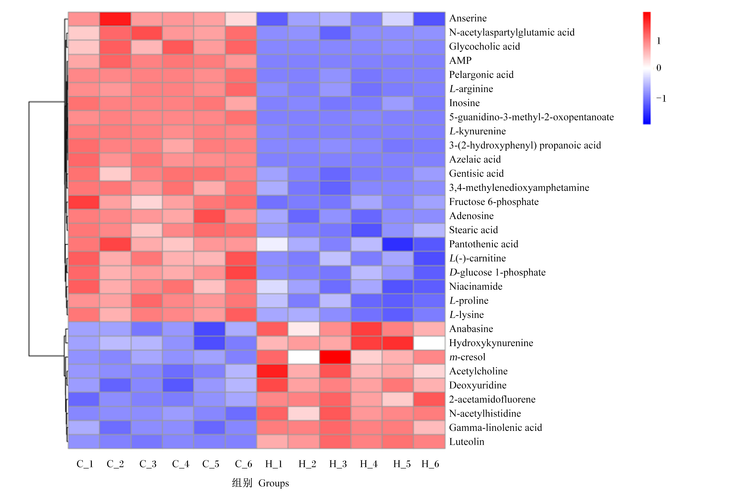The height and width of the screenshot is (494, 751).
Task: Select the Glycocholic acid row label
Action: pos(484,47)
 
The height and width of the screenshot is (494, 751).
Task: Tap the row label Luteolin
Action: pos(467,442)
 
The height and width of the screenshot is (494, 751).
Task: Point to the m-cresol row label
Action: pos(467,357)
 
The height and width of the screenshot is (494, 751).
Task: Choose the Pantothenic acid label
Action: pos(484,244)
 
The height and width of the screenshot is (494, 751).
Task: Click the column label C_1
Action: pos(85,464)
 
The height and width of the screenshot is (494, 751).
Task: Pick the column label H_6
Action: pos(430,464)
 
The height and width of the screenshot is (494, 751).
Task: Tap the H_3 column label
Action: pos(338,464)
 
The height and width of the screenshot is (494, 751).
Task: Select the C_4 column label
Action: pos(181,464)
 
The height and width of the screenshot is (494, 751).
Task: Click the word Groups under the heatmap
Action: pos(274,483)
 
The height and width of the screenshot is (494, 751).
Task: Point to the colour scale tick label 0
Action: pos(659,68)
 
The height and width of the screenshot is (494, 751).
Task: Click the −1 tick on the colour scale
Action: pos(661,99)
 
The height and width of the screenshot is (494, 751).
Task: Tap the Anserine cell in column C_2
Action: pos(115,19)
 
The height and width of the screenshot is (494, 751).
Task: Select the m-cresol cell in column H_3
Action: pos(335,357)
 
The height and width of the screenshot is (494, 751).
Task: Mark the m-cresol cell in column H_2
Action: pos(304,357)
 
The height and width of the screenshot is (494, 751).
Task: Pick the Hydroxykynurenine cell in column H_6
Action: pos(429,343)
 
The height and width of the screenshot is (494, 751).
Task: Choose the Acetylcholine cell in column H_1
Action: pos(272,371)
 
